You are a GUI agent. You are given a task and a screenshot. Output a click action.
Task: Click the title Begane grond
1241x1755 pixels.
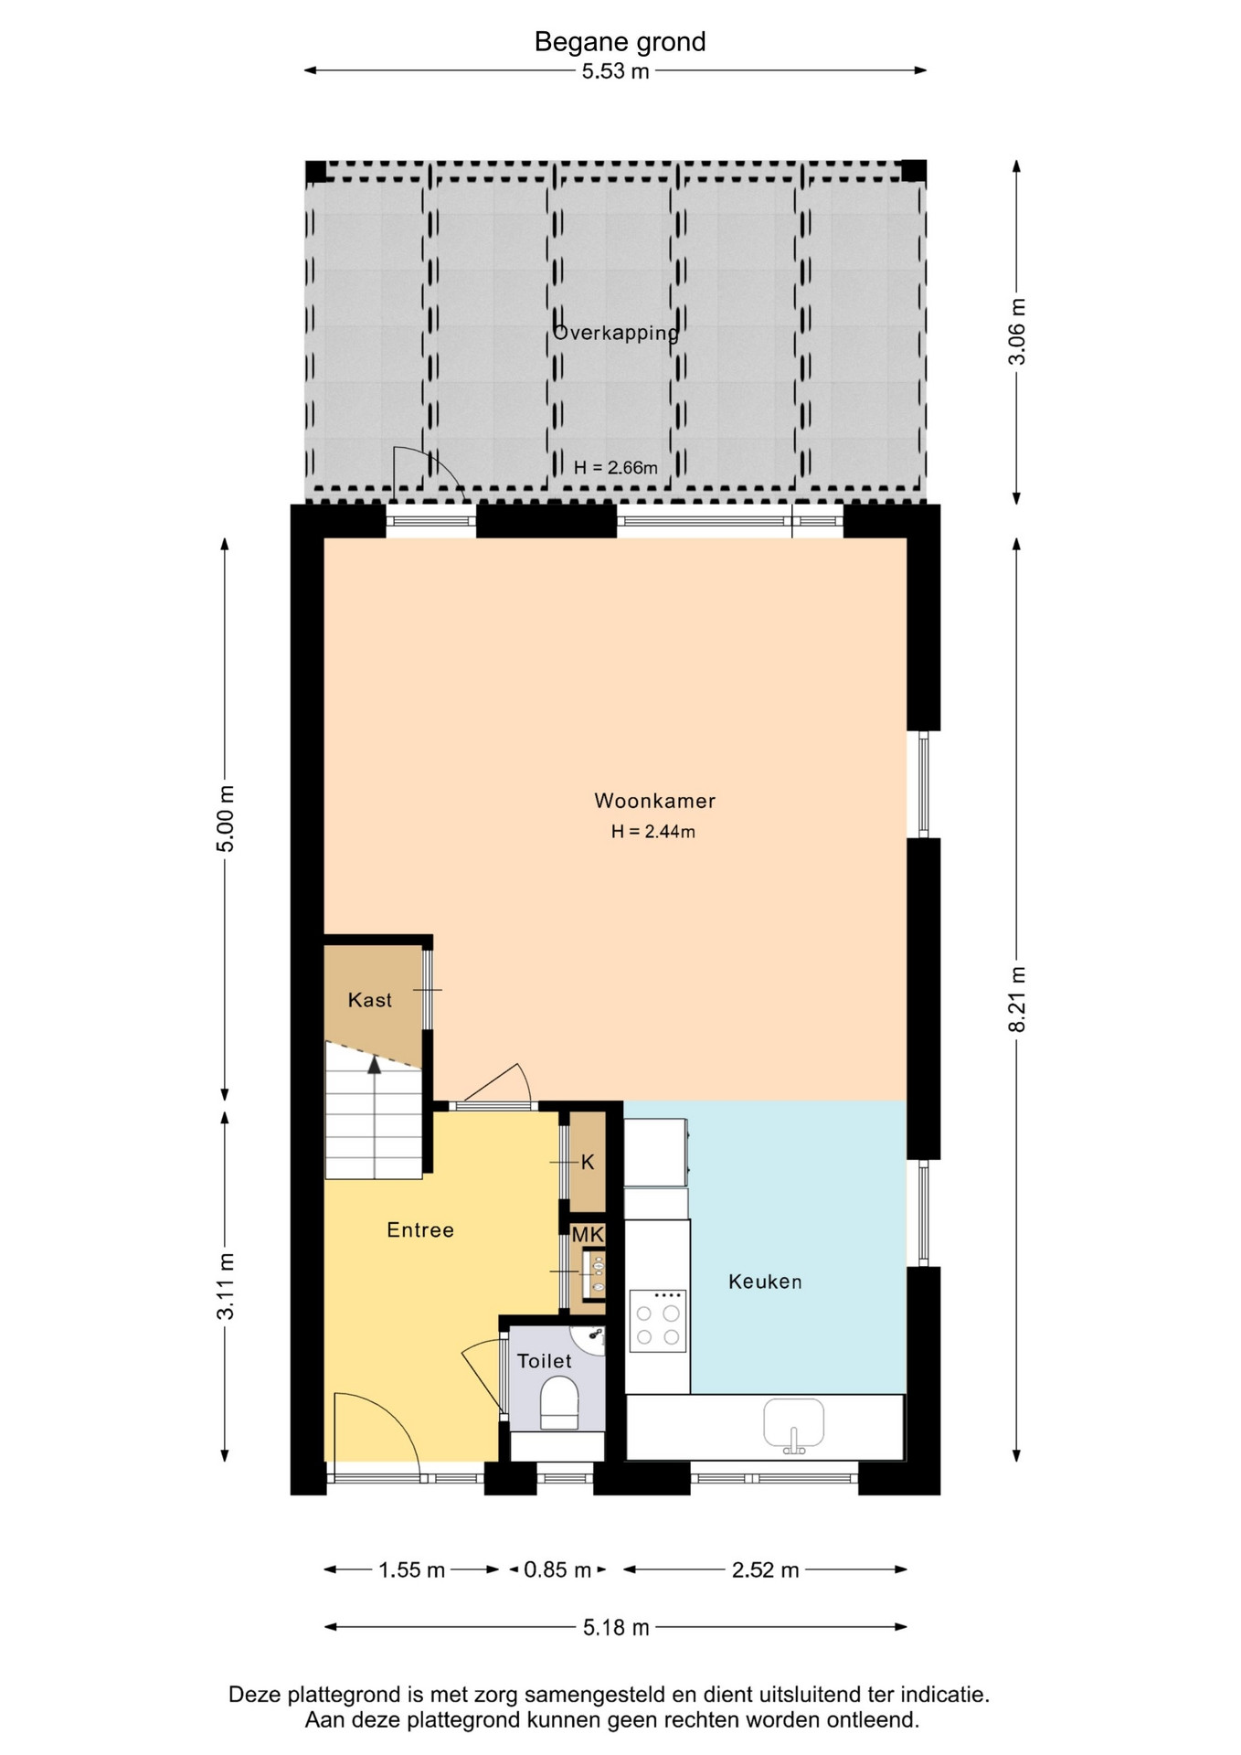[620, 42]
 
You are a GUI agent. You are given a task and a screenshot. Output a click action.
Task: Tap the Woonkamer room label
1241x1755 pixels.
[654, 801]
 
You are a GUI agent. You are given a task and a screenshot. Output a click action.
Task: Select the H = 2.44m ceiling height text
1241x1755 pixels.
[653, 832]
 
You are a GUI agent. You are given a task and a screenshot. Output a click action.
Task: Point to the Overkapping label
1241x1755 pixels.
[616, 333]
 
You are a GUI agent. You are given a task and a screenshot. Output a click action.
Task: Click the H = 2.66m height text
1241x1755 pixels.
[616, 468]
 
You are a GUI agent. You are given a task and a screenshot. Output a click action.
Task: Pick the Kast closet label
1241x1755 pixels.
[370, 1000]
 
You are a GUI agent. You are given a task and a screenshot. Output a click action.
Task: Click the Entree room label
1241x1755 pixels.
[420, 1230]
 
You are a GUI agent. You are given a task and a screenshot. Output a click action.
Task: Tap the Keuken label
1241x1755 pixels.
[765, 1282]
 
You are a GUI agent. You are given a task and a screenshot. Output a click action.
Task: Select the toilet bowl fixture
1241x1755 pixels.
[559, 1404]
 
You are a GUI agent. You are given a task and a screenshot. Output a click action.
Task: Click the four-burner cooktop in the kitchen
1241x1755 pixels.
[658, 1321]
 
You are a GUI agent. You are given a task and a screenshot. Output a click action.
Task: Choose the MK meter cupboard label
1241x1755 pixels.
[588, 1235]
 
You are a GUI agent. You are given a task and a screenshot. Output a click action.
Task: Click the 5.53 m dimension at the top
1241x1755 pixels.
[616, 71]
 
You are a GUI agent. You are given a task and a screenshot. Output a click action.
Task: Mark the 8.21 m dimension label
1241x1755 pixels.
[1017, 999]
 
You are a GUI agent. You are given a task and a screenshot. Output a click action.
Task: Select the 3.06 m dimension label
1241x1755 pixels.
[1017, 331]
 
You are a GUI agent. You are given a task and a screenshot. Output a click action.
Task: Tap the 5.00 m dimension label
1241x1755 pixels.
[225, 818]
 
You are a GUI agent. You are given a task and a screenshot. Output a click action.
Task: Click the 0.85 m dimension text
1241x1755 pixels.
[557, 1569]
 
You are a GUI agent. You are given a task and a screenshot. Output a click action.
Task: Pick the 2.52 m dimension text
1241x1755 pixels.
[766, 1569]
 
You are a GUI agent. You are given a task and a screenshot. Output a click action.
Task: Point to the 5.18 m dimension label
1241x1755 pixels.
[616, 1627]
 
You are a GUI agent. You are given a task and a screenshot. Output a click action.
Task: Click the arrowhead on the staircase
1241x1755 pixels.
[374, 1064]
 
